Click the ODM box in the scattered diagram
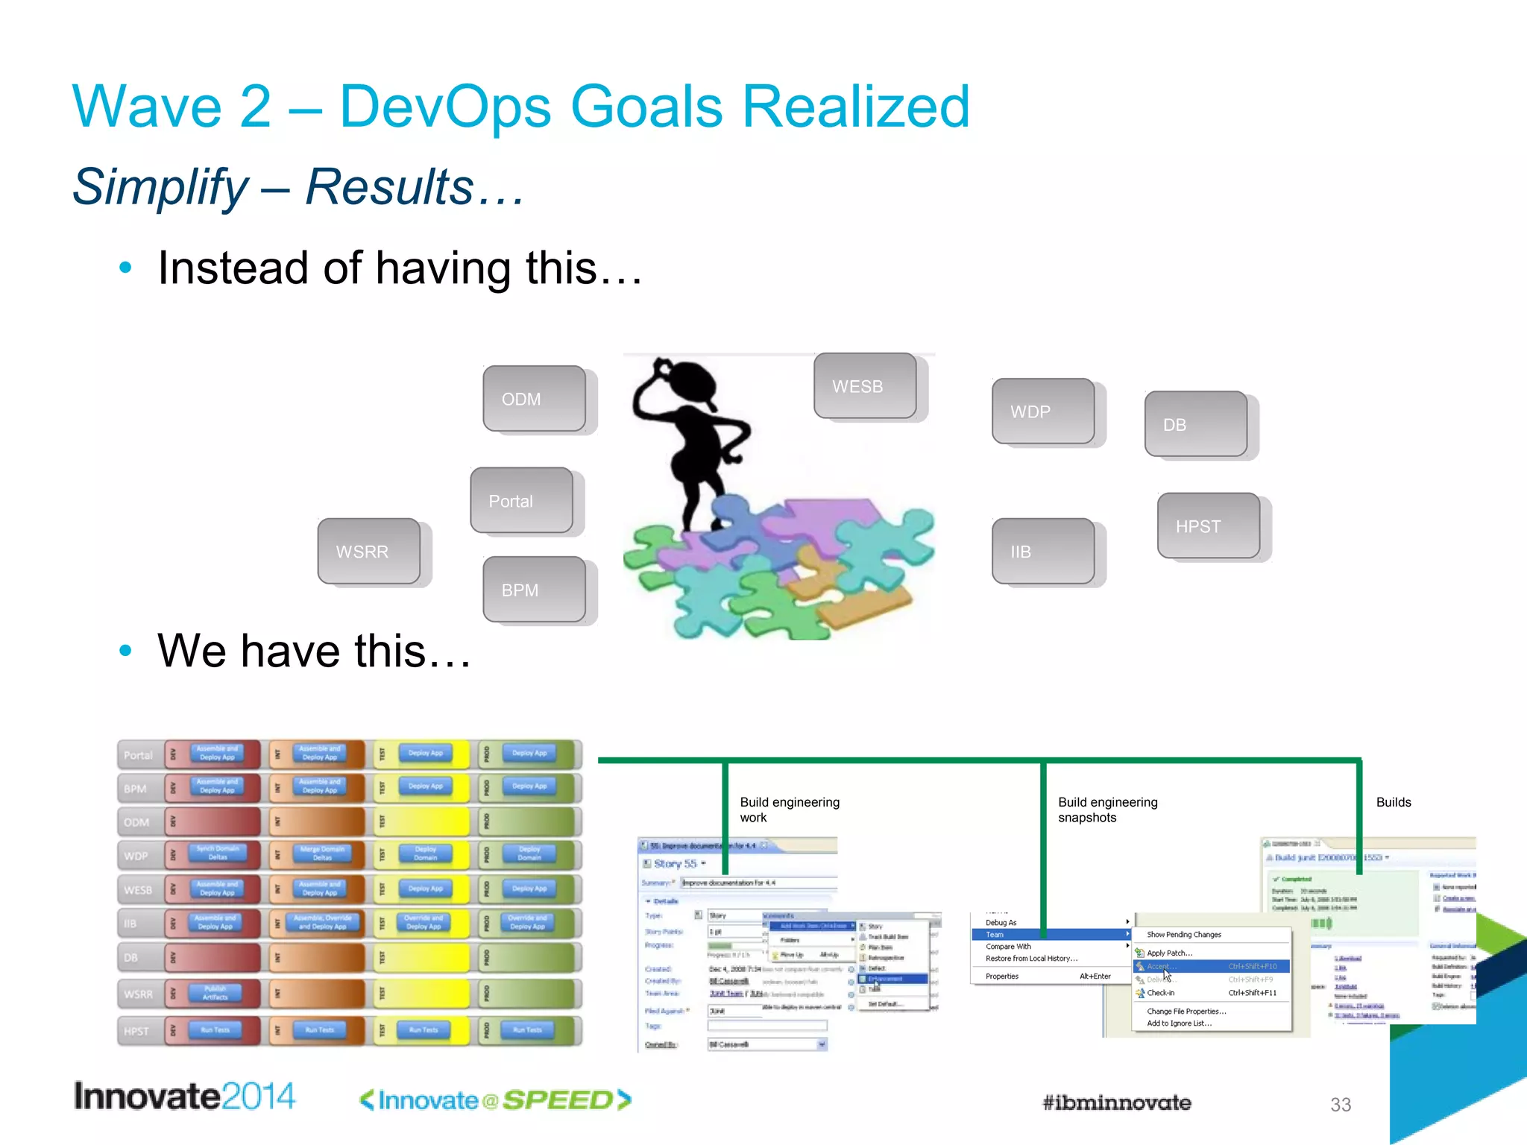point(534,399)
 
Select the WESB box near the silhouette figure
point(865,386)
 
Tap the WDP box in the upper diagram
point(1043,411)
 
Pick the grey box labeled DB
point(1196,424)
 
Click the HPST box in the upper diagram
point(1209,526)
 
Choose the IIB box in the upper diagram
point(1043,552)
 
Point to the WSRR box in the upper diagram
point(368,552)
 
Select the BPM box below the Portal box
point(534,590)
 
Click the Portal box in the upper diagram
point(521,501)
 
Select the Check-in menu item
point(1160,993)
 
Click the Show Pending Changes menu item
point(1184,935)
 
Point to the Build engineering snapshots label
point(1107,810)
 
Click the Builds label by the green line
point(1393,802)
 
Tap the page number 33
point(1340,1105)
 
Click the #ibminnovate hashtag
point(1116,1103)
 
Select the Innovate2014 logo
point(184,1097)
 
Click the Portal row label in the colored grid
point(138,755)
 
